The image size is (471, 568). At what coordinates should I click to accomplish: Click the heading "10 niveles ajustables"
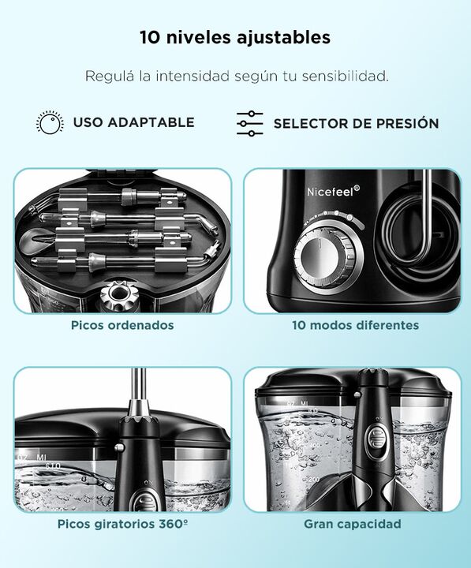pos(235,37)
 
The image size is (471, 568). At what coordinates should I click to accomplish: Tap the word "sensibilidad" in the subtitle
pos(346,77)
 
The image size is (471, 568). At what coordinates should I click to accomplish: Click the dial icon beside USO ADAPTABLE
pos(50,122)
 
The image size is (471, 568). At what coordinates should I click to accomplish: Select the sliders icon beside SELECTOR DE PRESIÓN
pos(250,124)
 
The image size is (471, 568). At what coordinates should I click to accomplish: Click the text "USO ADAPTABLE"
pos(133,122)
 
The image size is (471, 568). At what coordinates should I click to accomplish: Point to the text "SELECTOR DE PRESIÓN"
pos(356,124)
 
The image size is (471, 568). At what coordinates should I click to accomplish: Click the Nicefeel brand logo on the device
pos(333,191)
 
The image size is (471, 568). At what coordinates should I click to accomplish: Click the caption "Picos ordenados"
pos(122,325)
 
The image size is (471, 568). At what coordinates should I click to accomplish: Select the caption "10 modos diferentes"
pos(356,325)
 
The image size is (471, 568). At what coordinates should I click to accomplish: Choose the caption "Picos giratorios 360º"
pos(122,524)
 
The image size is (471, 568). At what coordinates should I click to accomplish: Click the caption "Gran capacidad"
pos(353,524)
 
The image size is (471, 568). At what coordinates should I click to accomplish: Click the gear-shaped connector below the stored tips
pos(116,297)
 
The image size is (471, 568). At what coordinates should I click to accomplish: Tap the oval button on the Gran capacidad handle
pos(376,439)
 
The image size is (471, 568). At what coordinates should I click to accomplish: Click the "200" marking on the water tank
pos(314,480)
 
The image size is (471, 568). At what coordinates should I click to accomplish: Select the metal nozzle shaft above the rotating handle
pos(138,392)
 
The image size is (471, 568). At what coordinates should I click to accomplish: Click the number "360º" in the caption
pos(173,524)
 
